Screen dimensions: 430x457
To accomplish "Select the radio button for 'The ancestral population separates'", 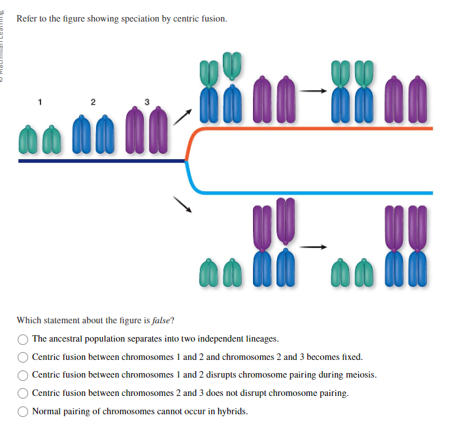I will pos(24,339).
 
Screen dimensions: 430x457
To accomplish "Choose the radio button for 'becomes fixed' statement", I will pos(24,357).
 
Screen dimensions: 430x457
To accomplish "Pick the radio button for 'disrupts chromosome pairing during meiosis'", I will pos(24,376).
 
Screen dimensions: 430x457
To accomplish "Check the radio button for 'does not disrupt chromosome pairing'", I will pos(24,393).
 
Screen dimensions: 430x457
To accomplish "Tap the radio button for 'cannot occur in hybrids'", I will pos(24,412).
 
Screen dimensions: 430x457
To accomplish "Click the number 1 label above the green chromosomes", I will pos(40,101).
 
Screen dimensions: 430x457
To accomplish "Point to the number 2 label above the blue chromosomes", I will pos(93,101).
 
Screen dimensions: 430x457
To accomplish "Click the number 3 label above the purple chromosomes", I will pos(146,101).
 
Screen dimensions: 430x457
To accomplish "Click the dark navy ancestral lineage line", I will pos(98,160).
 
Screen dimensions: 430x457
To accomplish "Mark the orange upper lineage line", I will pos(314,129).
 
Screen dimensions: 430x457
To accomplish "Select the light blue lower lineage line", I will pos(314,192).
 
